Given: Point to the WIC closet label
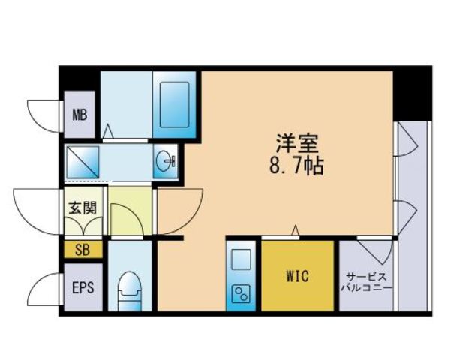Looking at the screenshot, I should click(297, 274).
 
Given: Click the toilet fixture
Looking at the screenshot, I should click(130, 289).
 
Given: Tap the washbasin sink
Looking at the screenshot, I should click(167, 160).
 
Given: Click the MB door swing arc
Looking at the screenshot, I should click(44, 114).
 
